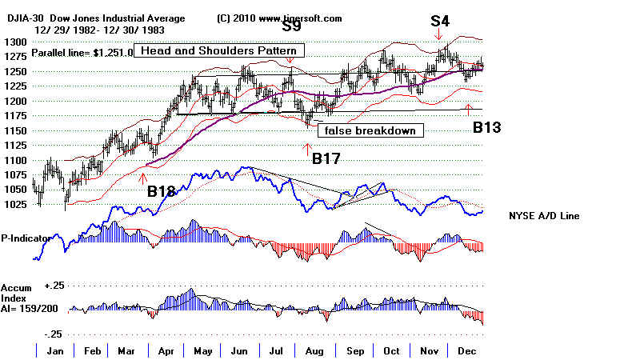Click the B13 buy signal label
pos(486,126)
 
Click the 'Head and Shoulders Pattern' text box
pos(212,50)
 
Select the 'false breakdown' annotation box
pos(370,130)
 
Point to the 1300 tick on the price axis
pos(15,42)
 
